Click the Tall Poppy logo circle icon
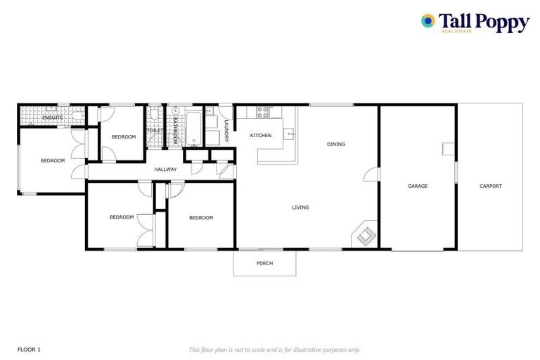click(427, 21)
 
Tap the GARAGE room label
click(418, 186)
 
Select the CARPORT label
click(490, 186)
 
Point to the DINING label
click(336, 145)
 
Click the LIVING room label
click(301, 207)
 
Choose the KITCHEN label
click(261, 136)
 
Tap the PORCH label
click(264, 264)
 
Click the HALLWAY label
click(165, 169)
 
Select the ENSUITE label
click(52, 117)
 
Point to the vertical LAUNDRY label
click(226, 130)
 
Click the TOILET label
click(155, 131)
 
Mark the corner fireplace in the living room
click(364, 235)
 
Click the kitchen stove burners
click(264, 112)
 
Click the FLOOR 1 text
click(30, 349)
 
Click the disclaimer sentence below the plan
click(275, 349)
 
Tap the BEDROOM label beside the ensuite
click(52, 161)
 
